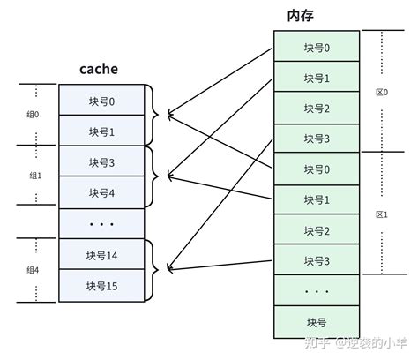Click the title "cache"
click(x=98, y=69)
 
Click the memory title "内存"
click(x=301, y=16)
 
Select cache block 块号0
click(x=101, y=100)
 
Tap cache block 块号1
click(x=101, y=131)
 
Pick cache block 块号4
click(x=101, y=192)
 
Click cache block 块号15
click(x=101, y=285)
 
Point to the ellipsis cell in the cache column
click(x=101, y=223)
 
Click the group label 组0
click(x=33, y=115)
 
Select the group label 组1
click(x=33, y=176)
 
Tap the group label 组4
click(x=33, y=269)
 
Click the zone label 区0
click(x=382, y=92)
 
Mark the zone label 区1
click(x=382, y=214)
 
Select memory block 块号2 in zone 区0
click(x=317, y=108)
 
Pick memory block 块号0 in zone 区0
click(x=317, y=47)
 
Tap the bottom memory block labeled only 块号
click(x=317, y=320)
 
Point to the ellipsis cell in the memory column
click(x=317, y=289)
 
